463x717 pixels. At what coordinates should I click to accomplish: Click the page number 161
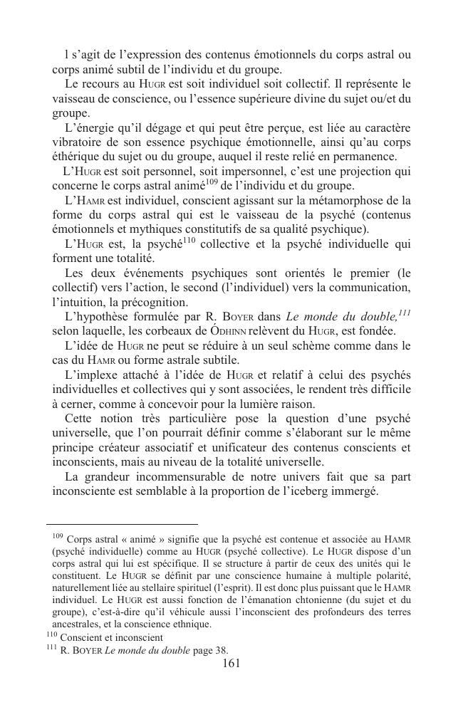[231, 664]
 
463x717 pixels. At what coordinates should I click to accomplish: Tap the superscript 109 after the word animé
[211, 182]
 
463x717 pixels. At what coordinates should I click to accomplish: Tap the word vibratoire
[80, 142]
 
